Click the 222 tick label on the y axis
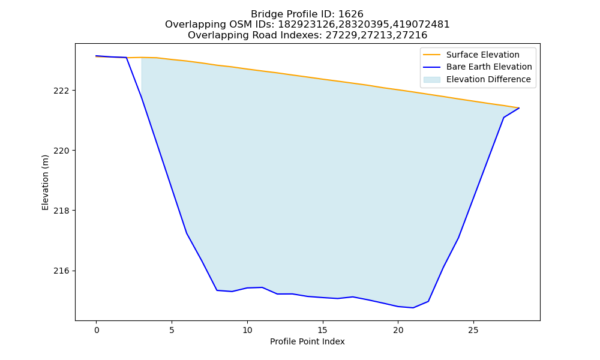coord(62,91)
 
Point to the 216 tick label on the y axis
coord(62,271)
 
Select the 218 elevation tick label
coord(62,211)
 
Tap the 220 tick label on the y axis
coord(62,151)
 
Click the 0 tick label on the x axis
coord(97,330)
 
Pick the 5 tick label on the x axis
coord(172,330)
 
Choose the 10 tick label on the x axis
coord(247,330)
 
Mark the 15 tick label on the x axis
coord(323,330)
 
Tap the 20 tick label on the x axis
coord(398,330)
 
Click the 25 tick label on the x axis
coord(473,330)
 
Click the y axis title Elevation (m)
coord(45,182)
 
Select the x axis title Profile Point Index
coord(307,341)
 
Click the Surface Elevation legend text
coord(482,55)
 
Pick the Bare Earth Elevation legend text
coord(489,67)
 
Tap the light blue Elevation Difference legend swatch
coord(431,80)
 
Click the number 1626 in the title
coord(351,14)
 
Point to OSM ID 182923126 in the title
coord(302,25)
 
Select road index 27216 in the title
coord(414,35)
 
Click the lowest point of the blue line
coord(413,308)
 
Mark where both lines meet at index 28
coord(519,108)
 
